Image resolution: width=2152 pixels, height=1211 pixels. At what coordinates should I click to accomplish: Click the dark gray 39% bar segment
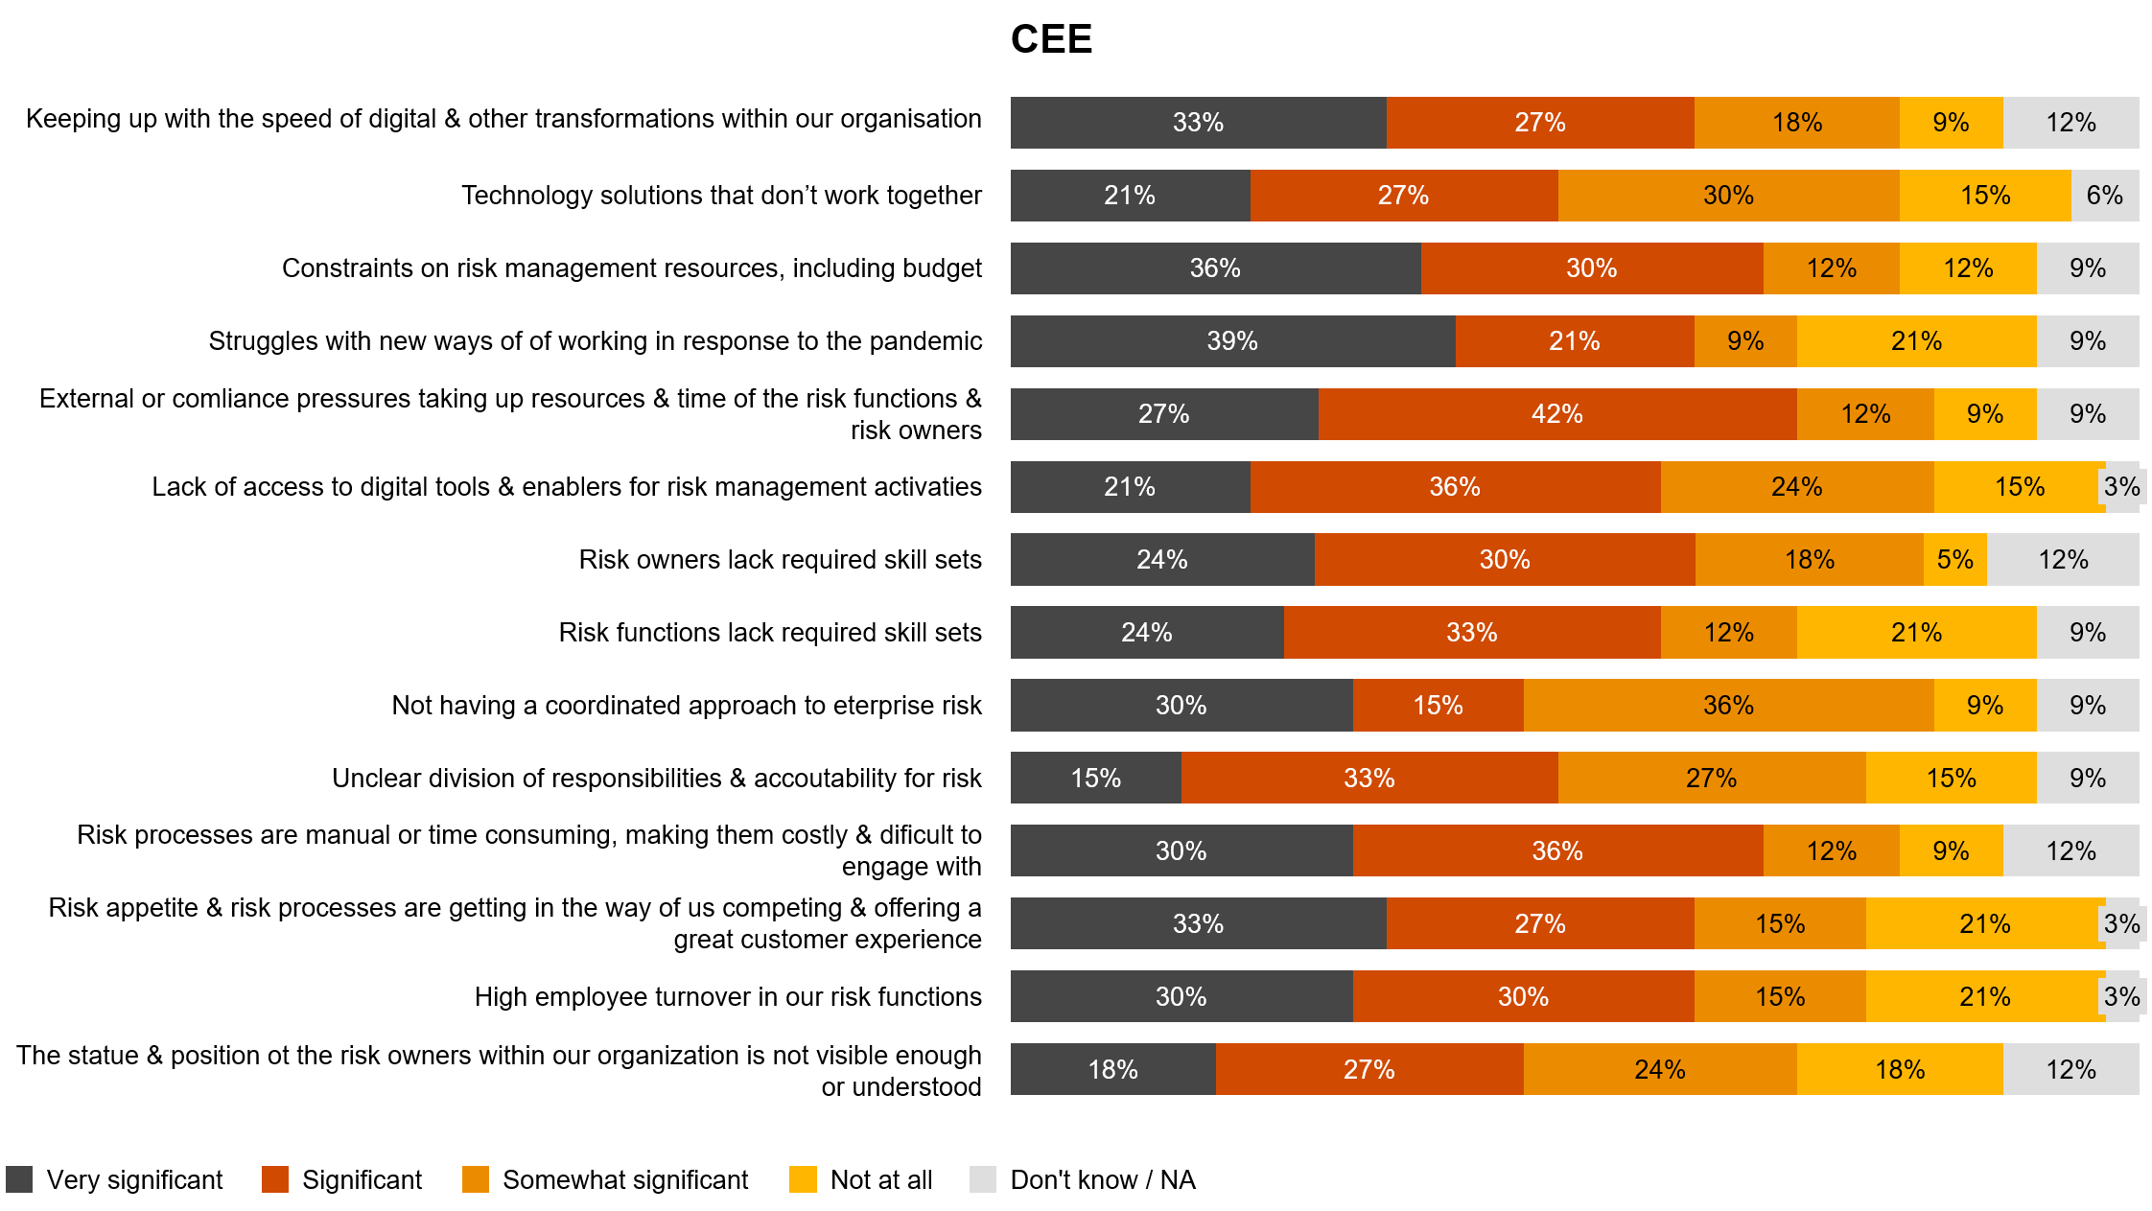coord(1232,341)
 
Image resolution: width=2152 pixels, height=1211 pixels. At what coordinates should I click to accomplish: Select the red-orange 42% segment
coord(1556,414)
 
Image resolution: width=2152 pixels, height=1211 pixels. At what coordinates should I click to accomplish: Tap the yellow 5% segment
coord(1954,560)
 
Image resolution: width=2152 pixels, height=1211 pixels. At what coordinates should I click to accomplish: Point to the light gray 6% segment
coord(2104,196)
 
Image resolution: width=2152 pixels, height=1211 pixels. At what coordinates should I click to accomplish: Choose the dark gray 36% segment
coord(1215,268)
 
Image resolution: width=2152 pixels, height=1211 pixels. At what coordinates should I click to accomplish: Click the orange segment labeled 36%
coord(1728,706)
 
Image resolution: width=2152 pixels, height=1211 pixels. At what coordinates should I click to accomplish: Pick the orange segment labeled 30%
coord(1728,196)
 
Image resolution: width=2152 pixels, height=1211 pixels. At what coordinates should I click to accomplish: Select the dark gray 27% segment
coord(1163,414)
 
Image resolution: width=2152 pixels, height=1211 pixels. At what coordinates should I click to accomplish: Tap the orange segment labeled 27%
coord(1711,779)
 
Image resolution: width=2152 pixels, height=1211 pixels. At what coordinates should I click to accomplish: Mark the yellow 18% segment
coord(1899,1070)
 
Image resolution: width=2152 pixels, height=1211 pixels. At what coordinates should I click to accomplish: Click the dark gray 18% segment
coord(1112,1070)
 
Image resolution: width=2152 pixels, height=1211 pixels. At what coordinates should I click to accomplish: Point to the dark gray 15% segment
coord(1095,779)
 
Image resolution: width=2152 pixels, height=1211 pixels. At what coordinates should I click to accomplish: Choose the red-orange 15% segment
coord(1438,706)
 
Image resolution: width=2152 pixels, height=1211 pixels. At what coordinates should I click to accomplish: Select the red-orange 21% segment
coord(1574,341)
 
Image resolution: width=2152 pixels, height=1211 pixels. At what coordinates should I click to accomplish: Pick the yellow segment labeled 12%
coord(1968,268)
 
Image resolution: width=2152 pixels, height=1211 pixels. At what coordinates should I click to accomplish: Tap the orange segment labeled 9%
coord(1745,341)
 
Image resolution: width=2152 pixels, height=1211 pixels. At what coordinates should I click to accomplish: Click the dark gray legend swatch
coord(19,1179)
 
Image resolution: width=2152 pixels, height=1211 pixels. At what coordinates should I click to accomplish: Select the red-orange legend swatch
coord(275,1179)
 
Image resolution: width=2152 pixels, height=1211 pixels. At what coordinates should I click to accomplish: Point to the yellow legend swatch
coord(803,1179)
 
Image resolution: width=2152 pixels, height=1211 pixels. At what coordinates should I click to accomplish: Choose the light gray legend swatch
coord(983,1179)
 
